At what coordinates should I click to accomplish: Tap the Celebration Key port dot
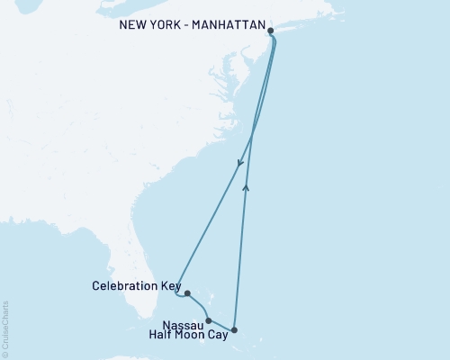tap(186, 293)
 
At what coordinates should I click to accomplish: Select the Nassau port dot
tap(209, 320)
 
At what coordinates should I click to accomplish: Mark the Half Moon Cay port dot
tap(234, 330)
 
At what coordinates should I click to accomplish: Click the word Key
tap(171, 287)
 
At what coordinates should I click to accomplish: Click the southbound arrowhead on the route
tap(239, 164)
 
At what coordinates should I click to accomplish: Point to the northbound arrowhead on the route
tap(247, 187)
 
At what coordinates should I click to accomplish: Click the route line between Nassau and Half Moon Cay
tap(221, 327)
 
